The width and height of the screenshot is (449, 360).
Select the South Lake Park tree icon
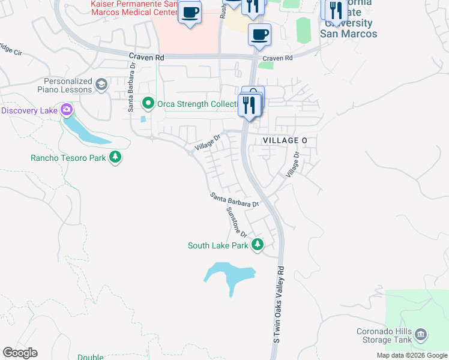258,244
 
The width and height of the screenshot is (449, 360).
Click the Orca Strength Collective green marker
148,103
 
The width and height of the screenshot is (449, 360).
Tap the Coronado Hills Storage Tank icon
421,333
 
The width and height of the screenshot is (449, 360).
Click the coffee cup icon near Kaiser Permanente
190,13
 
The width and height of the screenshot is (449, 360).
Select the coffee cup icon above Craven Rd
259,35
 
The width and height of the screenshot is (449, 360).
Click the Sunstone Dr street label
237,221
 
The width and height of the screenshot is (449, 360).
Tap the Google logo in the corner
20,353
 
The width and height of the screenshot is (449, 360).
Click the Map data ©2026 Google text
412,356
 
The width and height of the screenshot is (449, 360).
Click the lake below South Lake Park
231,276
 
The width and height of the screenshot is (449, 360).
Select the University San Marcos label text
349,29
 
